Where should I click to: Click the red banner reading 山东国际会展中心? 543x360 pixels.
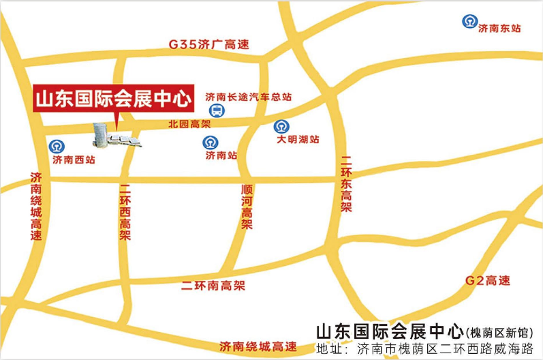coord(112,97)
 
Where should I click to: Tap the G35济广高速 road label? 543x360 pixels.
coord(208,44)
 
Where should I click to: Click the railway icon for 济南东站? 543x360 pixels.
coord(468,21)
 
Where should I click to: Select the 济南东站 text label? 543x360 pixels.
coord(500,29)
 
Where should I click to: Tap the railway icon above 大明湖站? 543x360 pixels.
coord(281,126)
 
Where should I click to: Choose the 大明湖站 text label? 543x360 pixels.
coord(298,140)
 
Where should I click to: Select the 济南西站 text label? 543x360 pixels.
coord(74,160)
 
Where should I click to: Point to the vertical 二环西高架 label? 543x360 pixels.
coord(125,212)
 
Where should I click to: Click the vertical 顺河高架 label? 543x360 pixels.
coord(247,207)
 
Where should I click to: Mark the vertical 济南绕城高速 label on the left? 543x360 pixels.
coord(37,205)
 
